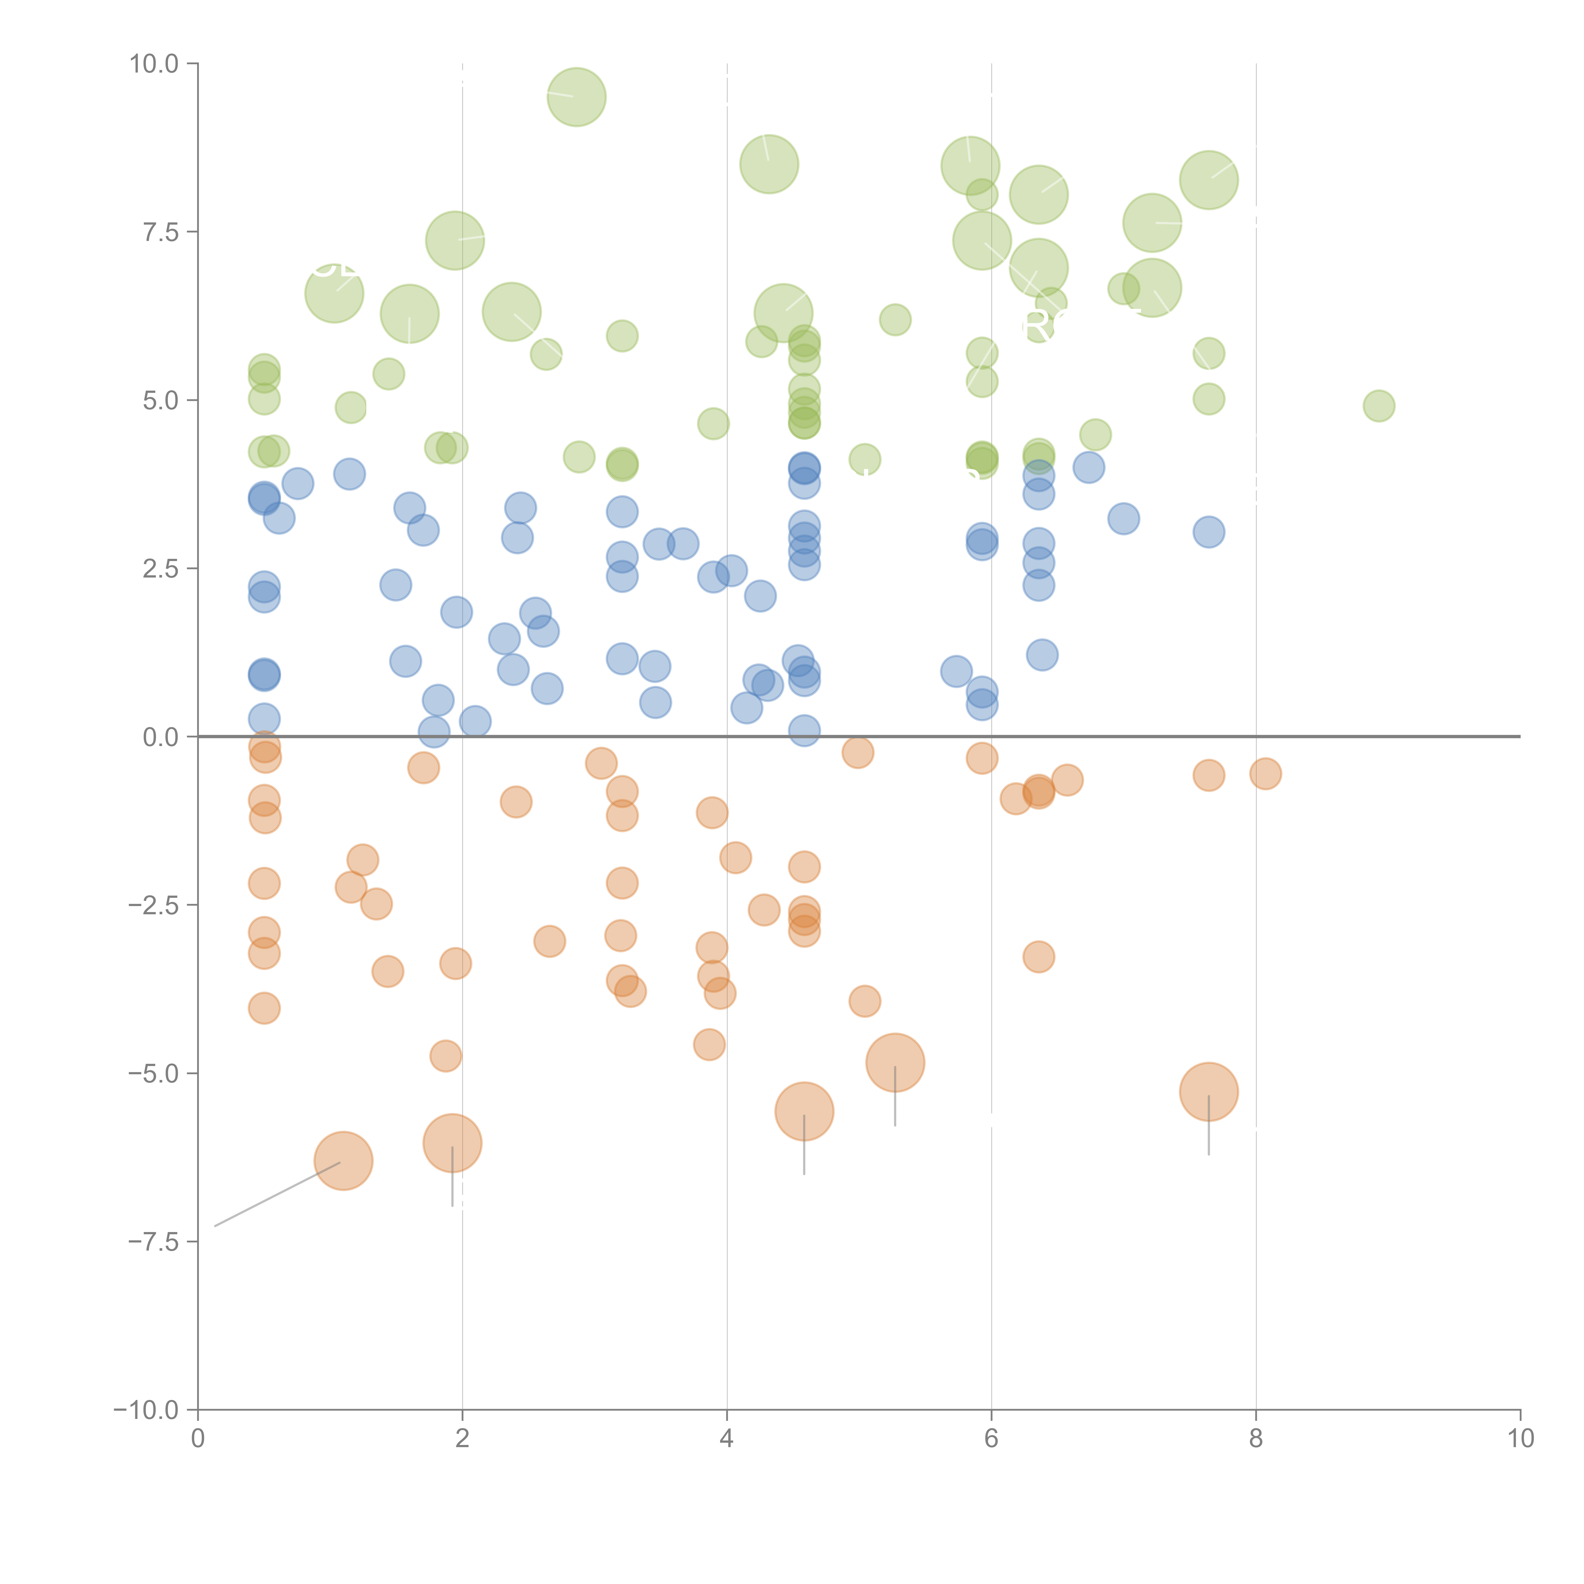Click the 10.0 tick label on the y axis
(x=154, y=64)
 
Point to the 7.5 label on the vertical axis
(x=161, y=232)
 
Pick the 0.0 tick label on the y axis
(x=161, y=737)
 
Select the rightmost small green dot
(x=1379, y=405)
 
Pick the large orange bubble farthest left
(x=343, y=1160)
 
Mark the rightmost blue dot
(x=1209, y=532)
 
